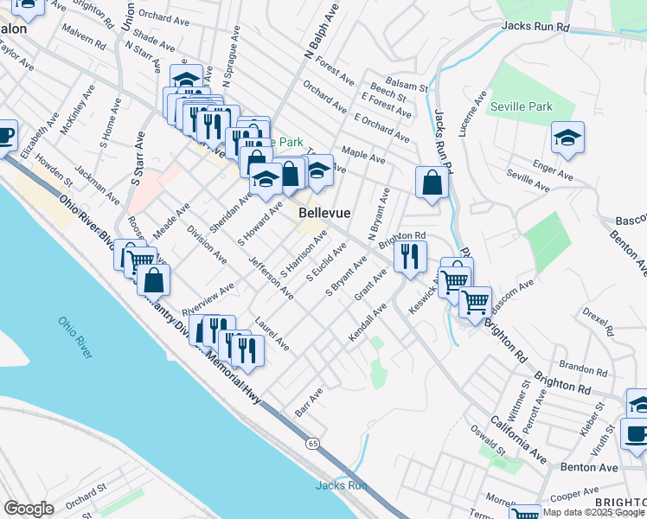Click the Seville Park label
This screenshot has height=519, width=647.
[521, 107]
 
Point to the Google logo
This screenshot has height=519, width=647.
[29, 509]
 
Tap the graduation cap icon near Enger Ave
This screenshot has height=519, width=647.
[567, 138]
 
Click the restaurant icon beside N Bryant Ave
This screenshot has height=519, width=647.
[410, 256]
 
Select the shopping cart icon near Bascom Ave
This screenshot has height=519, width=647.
[475, 302]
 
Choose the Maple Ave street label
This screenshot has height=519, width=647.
[364, 155]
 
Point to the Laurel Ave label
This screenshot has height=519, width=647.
[272, 334]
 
